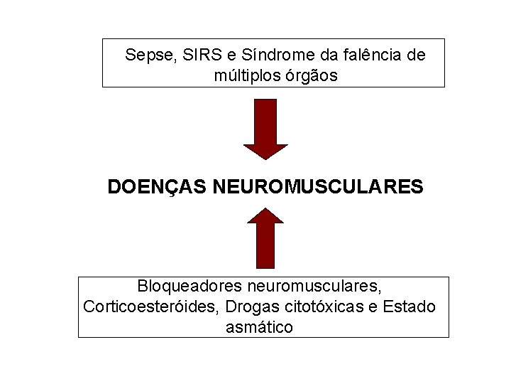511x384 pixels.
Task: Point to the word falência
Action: pyautogui.click(x=373, y=55)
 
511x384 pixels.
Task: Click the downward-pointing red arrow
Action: pyautogui.click(x=265, y=128)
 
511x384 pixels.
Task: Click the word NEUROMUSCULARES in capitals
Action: pyautogui.click(x=318, y=188)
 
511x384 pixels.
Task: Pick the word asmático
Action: pyautogui.click(x=259, y=328)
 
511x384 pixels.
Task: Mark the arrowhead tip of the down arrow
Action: pyautogui.click(x=265, y=159)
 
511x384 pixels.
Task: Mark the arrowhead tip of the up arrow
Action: pyautogui.click(x=265, y=208)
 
